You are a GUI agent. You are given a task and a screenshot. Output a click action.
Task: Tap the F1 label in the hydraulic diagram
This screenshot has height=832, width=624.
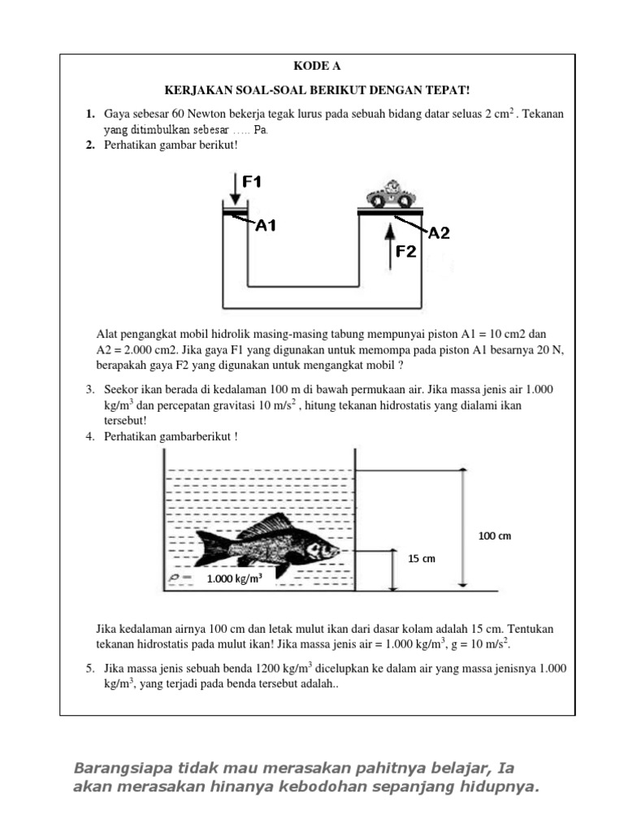[x=252, y=182]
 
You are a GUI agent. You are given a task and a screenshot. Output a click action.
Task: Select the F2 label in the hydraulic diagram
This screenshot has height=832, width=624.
[x=406, y=252]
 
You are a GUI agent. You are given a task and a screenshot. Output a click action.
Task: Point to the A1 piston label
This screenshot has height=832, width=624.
[x=266, y=226]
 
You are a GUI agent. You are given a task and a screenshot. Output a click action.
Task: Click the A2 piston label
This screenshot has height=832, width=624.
[x=439, y=233]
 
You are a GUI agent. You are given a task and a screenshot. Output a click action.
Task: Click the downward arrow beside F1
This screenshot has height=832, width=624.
[x=234, y=188]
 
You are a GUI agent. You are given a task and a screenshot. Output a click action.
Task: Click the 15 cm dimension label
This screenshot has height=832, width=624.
[x=422, y=558]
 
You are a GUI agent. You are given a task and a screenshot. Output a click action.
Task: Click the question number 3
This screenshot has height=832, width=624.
[x=91, y=390]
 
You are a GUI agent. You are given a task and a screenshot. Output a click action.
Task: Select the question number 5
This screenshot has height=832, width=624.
[x=91, y=668]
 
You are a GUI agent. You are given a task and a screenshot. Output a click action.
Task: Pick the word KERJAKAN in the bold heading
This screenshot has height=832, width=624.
[x=188, y=90]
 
